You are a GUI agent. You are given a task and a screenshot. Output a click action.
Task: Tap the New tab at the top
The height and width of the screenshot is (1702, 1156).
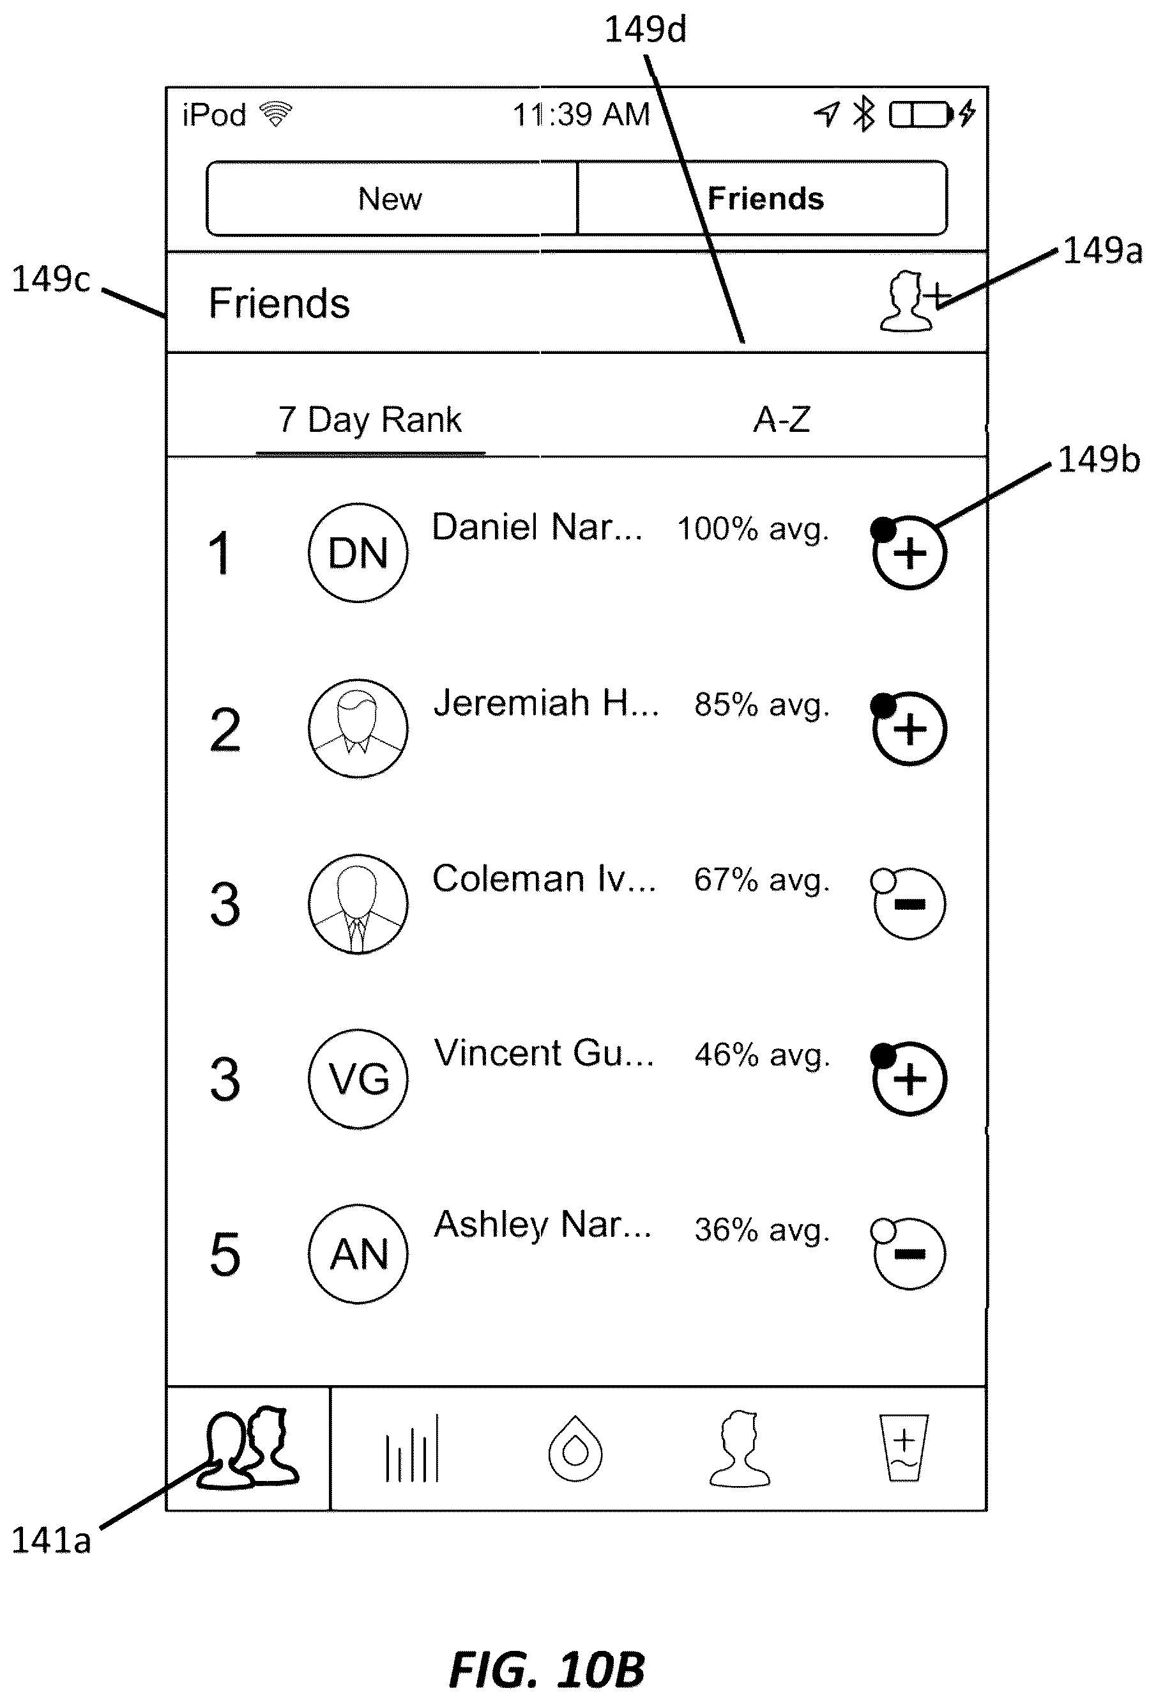(392, 199)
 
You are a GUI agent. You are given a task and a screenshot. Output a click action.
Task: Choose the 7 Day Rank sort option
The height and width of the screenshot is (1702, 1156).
(370, 420)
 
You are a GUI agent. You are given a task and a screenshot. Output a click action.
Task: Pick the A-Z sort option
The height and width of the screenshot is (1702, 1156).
(782, 420)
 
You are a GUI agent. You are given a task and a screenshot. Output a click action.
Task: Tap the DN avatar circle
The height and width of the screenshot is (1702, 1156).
(358, 553)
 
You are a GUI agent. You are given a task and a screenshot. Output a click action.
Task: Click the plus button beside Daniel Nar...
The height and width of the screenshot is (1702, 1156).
(909, 552)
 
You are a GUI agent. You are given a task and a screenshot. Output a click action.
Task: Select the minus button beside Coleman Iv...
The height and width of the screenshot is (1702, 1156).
(908, 903)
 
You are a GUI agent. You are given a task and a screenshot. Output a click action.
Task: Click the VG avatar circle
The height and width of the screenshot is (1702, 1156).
(358, 1078)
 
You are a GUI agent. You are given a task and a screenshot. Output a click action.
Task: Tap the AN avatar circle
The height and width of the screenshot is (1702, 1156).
(358, 1253)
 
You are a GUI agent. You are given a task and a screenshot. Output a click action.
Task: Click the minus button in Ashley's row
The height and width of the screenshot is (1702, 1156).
(908, 1253)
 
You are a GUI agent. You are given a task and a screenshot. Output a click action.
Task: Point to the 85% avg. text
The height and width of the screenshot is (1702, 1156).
(762, 705)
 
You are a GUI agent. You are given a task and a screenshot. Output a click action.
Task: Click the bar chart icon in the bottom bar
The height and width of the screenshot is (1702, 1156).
(412, 1448)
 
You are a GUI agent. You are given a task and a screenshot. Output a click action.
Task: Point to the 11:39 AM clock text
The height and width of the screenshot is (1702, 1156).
(581, 115)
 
